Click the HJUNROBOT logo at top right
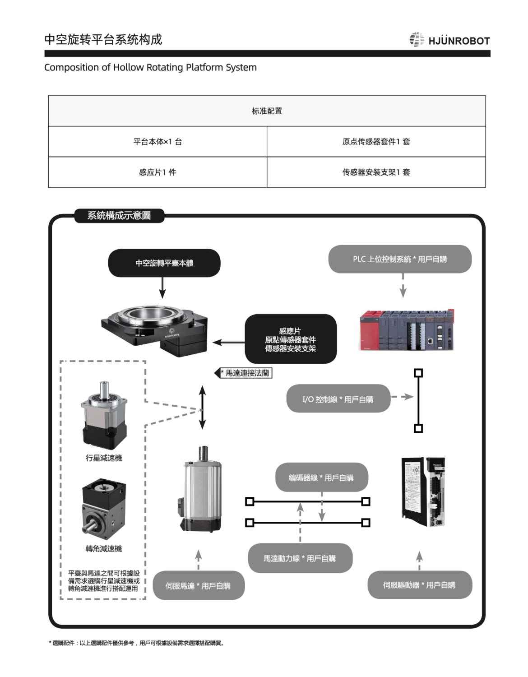coord(449,40)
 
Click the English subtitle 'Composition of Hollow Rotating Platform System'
coord(150,67)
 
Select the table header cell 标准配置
coord(267,111)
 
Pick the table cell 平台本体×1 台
coord(157,141)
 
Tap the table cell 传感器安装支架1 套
coord(376,172)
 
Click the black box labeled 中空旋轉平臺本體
coord(164,263)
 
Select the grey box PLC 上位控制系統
coord(400,259)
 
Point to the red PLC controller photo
coord(406,330)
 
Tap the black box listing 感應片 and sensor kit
coord(291,339)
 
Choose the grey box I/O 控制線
coord(338,399)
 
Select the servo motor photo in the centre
coord(201,489)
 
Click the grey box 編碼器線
coord(322,478)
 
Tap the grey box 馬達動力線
coord(300,558)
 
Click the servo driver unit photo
coord(423,492)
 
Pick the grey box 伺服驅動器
coord(420,585)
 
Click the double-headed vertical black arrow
coord(203,407)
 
